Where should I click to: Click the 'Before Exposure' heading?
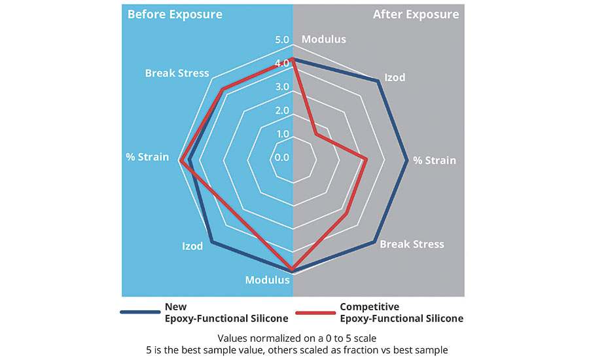click(x=175, y=14)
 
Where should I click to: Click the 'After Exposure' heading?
click(x=416, y=14)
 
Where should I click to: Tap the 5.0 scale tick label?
click(x=282, y=40)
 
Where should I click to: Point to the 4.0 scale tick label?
click(x=282, y=63)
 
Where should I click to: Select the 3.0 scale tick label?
click(x=282, y=86)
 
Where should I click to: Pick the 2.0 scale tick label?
click(x=282, y=110)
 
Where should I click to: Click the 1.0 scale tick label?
click(x=282, y=134)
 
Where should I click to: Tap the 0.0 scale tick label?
click(x=282, y=157)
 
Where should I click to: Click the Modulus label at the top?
click(x=323, y=39)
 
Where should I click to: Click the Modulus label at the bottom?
click(x=267, y=280)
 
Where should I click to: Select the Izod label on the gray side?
click(x=394, y=77)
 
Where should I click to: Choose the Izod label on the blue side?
click(x=192, y=246)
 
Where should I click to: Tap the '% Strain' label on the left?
click(x=147, y=157)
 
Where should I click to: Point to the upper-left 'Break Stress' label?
click(x=177, y=73)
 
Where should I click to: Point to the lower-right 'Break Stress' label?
click(x=412, y=244)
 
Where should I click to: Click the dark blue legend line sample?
click(x=140, y=313)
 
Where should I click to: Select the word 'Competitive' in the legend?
click(x=369, y=306)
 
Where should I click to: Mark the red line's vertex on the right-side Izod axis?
click(x=316, y=134)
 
